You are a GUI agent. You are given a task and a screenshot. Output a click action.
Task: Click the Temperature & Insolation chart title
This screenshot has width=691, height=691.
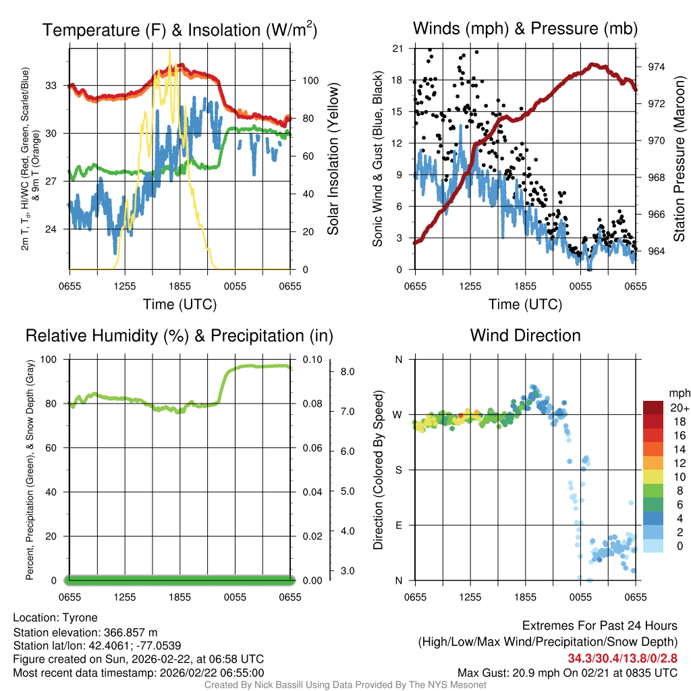tap(179, 30)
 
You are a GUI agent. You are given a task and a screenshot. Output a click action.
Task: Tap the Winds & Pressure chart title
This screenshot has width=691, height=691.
tap(525, 28)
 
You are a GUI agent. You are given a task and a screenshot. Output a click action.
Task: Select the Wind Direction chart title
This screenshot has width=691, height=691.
tap(525, 335)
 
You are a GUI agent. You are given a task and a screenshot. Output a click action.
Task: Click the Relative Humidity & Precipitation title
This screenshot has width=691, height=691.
tap(179, 335)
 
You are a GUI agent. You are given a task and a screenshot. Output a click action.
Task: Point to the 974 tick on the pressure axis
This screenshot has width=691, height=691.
tap(655, 67)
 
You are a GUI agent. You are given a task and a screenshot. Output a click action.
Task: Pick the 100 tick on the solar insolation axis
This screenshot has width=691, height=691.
tap(310, 80)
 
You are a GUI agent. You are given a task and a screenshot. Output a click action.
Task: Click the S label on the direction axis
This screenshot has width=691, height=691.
tap(398, 470)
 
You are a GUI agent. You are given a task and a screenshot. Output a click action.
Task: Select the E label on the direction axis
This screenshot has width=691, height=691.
tap(398, 525)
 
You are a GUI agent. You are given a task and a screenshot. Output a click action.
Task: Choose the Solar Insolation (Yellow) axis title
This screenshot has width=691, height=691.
tap(333, 159)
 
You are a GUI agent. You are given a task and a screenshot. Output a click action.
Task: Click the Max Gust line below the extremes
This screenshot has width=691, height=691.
tap(567, 672)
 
